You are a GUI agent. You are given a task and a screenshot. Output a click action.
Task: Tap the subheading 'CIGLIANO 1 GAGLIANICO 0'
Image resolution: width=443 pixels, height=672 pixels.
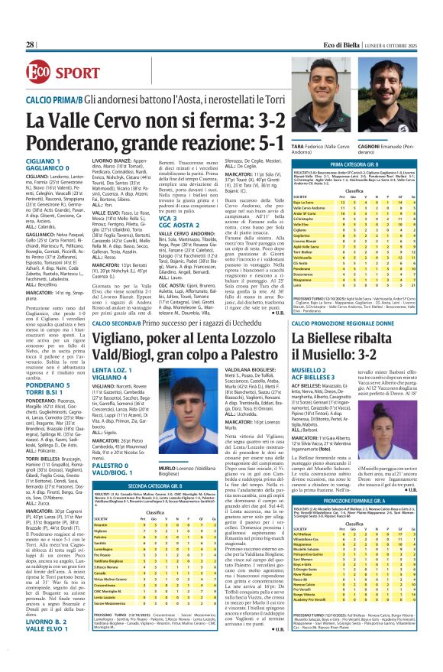pyautogui.click(x=49, y=167)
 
